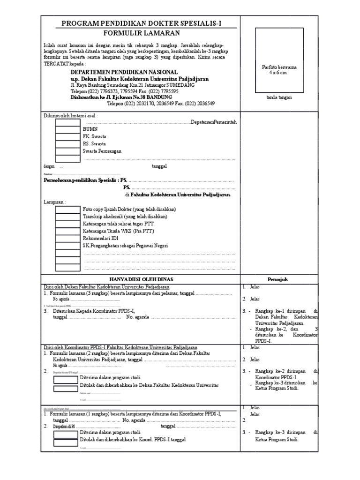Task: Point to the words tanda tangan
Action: [x=279, y=97]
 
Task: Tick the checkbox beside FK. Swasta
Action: [x=68, y=136]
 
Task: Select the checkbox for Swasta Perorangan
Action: [x=68, y=151]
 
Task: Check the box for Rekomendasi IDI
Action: [x=68, y=238]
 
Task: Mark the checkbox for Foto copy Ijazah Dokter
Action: [x=68, y=209]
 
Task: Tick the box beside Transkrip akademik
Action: [x=68, y=216]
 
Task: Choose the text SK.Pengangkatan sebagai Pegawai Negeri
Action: [x=125, y=246]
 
